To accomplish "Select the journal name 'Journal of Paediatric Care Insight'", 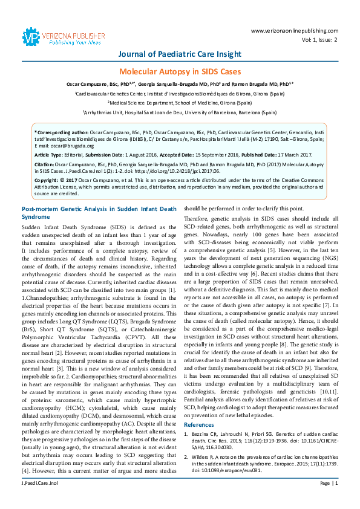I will (180, 54).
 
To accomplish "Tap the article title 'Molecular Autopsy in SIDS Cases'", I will (180, 71).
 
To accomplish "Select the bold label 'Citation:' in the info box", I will (47, 164).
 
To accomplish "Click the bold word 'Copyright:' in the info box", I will (49, 180).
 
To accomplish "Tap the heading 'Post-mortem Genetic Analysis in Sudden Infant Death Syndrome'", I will (97, 212).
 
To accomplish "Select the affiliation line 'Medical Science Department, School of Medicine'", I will (180, 103).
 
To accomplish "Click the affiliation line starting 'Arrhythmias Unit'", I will (180, 112).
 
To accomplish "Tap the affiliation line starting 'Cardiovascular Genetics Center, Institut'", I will (180, 94).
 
